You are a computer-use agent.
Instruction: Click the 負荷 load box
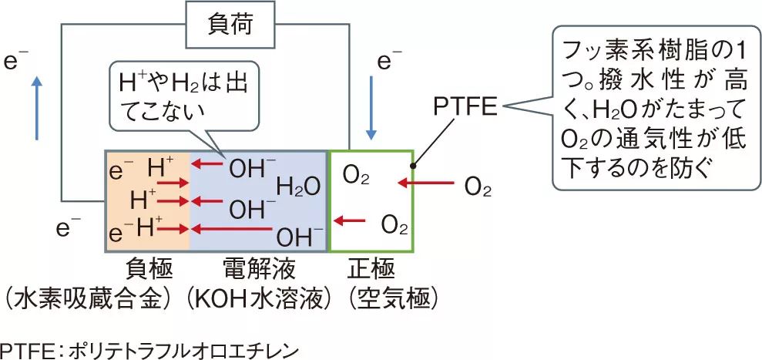coord(230,25)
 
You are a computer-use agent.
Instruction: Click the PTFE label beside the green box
coord(466,104)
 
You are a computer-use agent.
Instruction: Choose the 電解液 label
coord(260,270)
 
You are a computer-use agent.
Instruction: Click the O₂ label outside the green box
coord(478,186)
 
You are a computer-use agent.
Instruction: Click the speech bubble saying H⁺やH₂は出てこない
coord(184,96)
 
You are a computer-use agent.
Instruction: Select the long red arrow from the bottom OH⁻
coord(230,229)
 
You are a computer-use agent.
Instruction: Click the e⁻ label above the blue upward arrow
coord(16,62)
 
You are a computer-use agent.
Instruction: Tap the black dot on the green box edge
coord(413,165)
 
